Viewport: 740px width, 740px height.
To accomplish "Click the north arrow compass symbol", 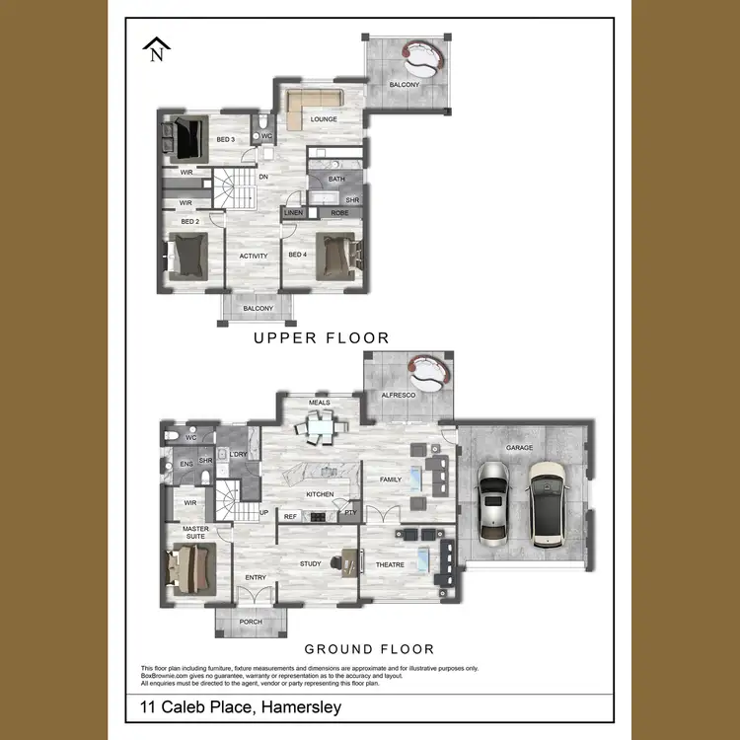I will pyautogui.click(x=156, y=49).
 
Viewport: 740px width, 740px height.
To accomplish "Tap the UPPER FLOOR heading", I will pyautogui.click(x=321, y=337).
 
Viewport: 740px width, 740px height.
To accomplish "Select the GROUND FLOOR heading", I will pyautogui.click(x=369, y=648).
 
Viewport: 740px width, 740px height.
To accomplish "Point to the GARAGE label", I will pyautogui.click(x=519, y=447).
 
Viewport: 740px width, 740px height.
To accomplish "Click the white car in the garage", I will pyautogui.click(x=548, y=503).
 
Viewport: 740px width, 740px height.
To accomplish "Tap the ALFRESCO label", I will pyautogui.click(x=399, y=395).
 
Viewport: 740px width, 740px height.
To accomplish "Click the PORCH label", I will pyautogui.click(x=251, y=622).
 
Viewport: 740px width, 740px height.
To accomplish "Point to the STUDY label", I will pyautogui.click(x=311, y=563).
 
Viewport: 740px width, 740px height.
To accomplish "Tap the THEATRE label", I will pyautogui.click(x=391, y=564).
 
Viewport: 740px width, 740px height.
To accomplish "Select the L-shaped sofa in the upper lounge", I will pyautogui.click(x=314, y=103).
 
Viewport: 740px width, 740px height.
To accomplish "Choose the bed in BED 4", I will pyautogui.click(x=333, y=255).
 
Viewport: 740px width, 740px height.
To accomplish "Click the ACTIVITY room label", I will pyautogui.click(x=254, y=257).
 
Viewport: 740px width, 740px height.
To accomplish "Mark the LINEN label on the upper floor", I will pyautogui.click(x=293, y=212).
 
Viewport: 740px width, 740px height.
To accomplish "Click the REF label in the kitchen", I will pyautogui.click(x=291, y=515).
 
